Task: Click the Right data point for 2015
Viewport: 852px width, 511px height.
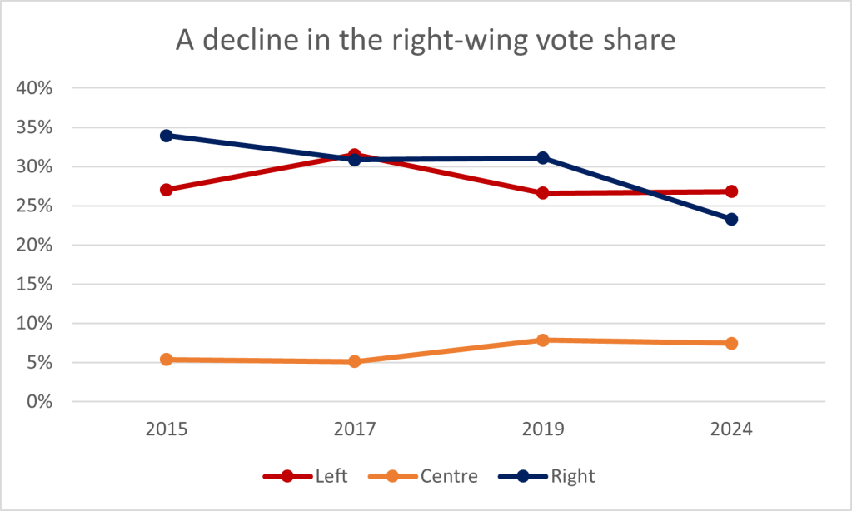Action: [x=167, y=136]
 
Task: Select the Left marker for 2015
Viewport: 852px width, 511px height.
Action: [x=167, y=190]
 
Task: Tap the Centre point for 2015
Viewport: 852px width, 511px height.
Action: [x=167, y=360]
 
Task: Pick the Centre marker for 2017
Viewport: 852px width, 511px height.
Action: [x=355, y=361]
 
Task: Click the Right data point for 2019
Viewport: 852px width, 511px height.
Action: [x=543, y=157]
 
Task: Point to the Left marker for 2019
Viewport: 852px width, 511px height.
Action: [x=543, y=193]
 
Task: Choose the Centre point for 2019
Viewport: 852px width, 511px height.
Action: [x=543, y=340]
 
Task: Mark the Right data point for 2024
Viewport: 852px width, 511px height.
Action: [x=731, y=219]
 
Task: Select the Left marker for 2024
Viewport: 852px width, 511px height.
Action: [x=731, y=191]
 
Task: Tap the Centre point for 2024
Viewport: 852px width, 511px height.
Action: [x=731, y=343]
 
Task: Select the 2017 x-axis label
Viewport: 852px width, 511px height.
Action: [x=355, y=430]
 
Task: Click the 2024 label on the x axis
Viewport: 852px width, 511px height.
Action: [x=731, y=430]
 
